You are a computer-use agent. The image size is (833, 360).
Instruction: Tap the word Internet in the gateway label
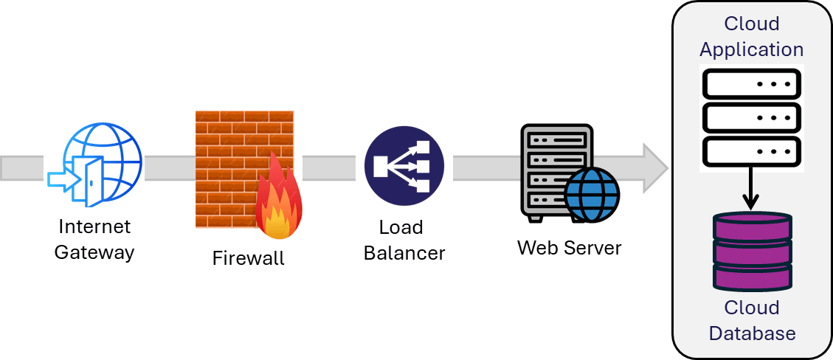tap(94, 226)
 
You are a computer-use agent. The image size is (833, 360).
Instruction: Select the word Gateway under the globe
tap(94, 252)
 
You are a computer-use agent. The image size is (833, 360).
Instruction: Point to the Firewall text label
tap(248, 259)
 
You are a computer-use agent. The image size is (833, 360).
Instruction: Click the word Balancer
tap(404, 253)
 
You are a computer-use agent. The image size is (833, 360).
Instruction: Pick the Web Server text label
tap(569, 247)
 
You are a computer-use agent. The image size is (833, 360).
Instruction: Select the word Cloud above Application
tap(751, 24)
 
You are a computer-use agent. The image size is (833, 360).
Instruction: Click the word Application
tap(751, 49)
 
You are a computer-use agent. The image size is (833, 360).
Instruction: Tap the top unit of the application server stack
tap(751, 83)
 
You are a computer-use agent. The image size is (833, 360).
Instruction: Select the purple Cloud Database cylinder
tap(751, 252)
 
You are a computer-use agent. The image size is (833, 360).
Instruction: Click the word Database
tap(752, 333)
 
